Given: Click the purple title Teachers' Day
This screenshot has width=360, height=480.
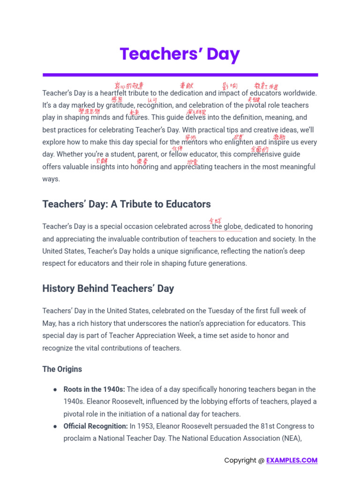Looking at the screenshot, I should (x=180, y=54).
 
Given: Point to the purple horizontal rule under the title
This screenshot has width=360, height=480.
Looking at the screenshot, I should (x=180, y=75).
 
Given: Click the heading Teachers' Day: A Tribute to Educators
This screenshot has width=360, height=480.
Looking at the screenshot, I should (x=127, y=204).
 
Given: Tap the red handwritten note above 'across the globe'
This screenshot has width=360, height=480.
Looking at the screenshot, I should (x=215, y=220).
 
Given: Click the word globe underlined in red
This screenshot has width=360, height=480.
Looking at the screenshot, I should (x=232, y=227).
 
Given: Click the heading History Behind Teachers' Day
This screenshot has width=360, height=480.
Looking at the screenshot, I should (x=108, y=288).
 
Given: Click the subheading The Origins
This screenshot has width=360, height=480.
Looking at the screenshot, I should (x=62, y=369).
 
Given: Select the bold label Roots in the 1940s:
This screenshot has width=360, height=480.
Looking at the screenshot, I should (x=94, y=390).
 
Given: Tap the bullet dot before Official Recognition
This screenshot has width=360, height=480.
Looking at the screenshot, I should (x=55, y=427).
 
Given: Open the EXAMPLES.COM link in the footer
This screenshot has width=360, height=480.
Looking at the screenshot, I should (x=292, y=460).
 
